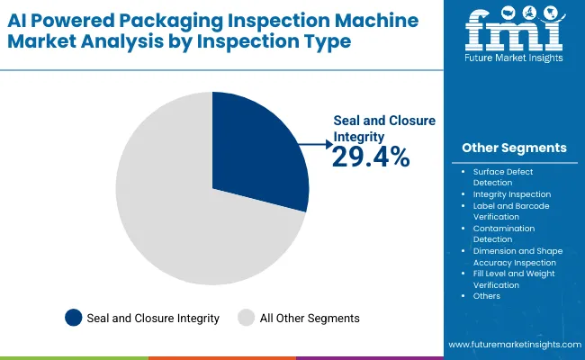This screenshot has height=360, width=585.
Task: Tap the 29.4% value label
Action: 371,157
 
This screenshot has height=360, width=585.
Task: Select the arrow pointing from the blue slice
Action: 315,143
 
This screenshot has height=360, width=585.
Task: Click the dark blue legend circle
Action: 73,317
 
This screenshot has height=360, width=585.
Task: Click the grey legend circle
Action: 246,317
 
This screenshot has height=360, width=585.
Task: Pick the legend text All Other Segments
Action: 310,318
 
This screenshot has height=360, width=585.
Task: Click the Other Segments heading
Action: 514,148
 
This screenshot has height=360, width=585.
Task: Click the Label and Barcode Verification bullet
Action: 510,211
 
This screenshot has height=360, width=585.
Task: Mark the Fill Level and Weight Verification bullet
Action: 513,278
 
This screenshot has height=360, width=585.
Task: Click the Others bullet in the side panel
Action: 486,295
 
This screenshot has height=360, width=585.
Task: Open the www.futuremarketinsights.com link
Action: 512,346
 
